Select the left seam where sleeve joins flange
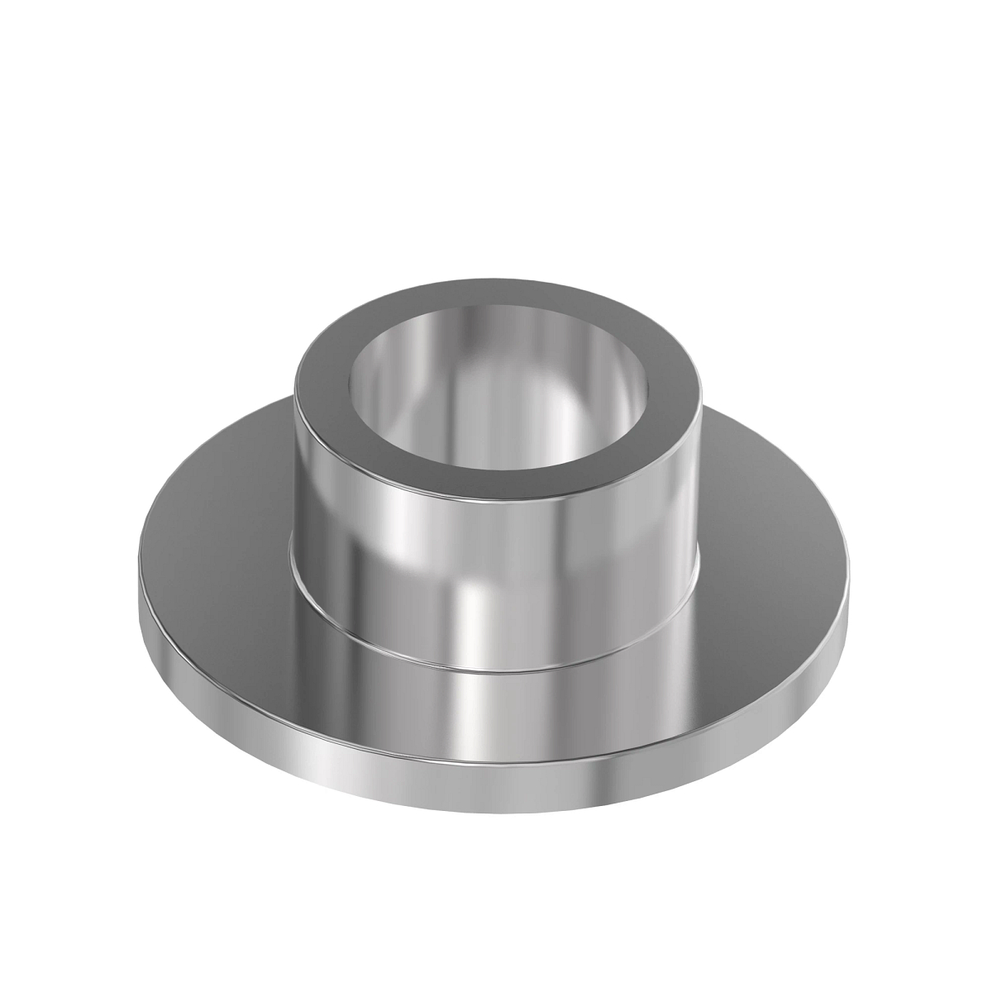tap(293, 570)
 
